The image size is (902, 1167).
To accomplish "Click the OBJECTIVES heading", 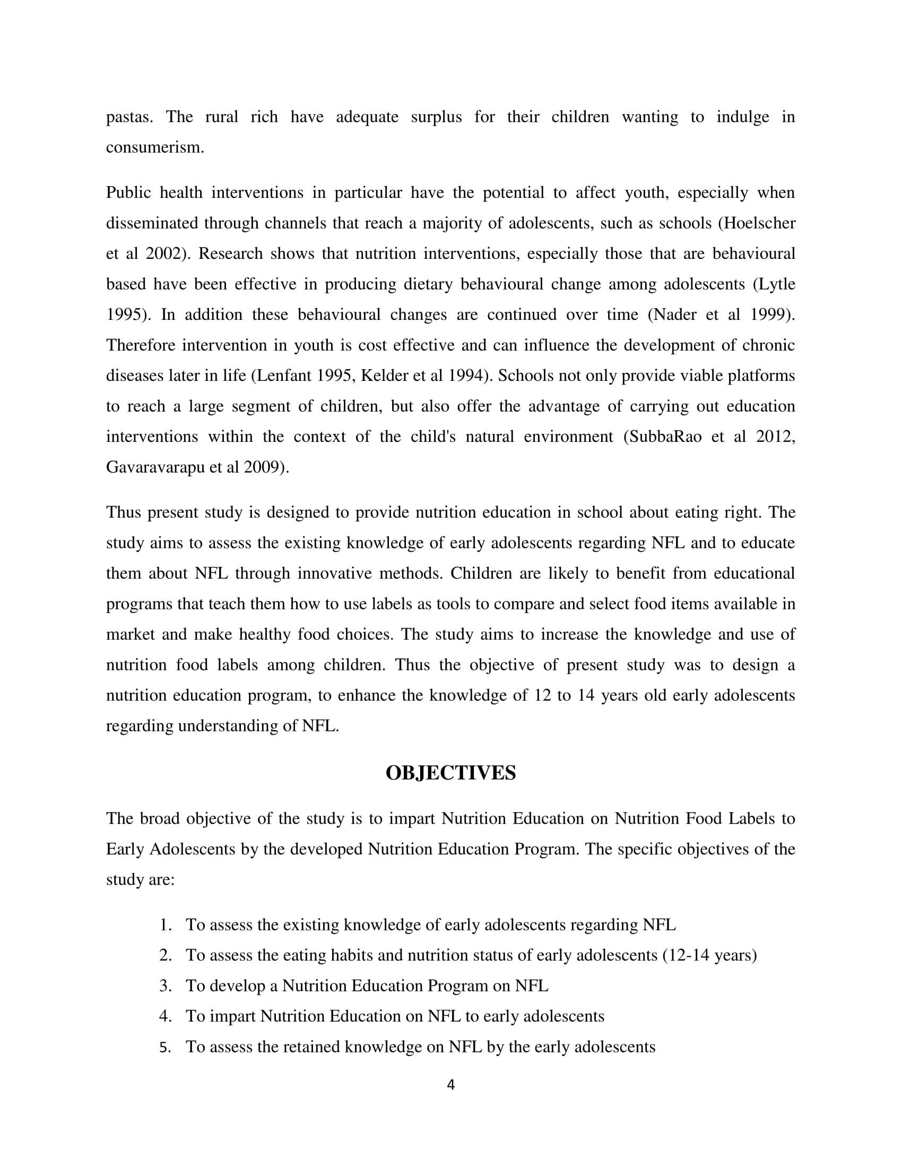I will (x=450, y=773).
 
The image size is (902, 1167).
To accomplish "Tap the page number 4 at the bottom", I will (x=450, y=1085).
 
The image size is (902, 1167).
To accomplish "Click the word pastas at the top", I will (x=129, y=117).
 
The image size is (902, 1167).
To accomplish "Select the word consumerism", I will (x=154, y=147).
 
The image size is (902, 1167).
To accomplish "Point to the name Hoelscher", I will (x=758, y=223).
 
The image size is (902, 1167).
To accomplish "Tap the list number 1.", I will (x=165, y=925).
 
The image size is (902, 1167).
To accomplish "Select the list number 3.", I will (x=165, y=986).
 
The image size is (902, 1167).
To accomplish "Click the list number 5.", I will (x=165, y=1047).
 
